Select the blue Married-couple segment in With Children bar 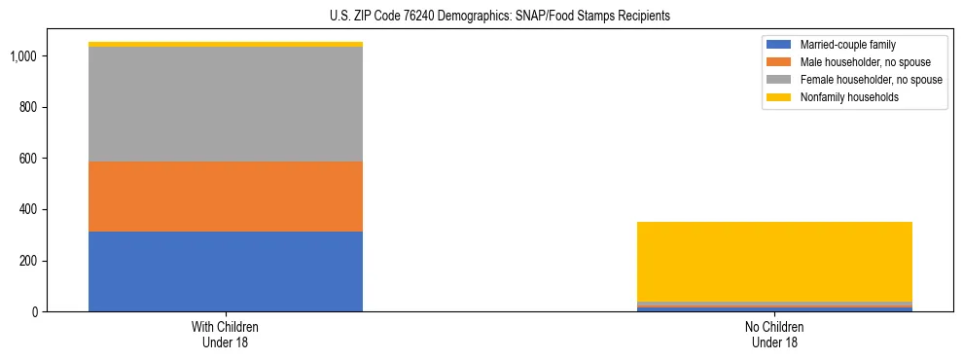(x=226, y=271)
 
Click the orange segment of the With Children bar (x=226, y=197)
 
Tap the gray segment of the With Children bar (x=226, y=104)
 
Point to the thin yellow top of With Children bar (x=226, y=44)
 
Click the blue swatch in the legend (x=779, y=45)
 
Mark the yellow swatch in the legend (x=779, y=97)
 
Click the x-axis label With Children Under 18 (x=226, y=335)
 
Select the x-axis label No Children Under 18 (x=774, y=335)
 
